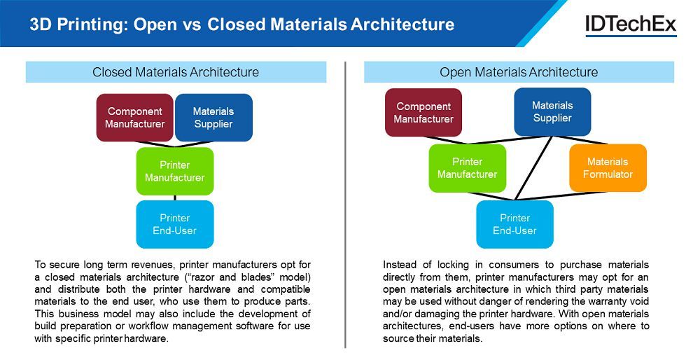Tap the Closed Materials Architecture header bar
(176, 72)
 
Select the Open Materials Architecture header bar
(519, 72)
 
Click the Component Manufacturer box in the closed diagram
(134, 118)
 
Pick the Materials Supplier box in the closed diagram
(213, 118)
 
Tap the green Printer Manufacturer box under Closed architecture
(174, 171)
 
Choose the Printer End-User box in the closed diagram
(174, 224)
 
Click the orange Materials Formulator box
(608, 168)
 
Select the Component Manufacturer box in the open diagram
(423, 112)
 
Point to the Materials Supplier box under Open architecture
(552, 112)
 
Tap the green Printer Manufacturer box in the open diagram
(467, 168)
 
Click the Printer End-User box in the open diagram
(514, 224)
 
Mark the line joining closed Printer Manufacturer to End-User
(174, 198)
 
